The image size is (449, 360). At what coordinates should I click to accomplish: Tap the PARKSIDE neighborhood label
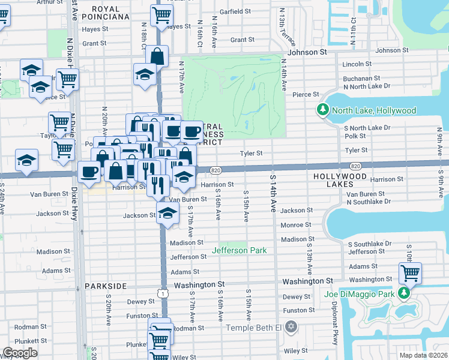[x=106, y=286]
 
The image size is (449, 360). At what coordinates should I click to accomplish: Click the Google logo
[x=20, y=353]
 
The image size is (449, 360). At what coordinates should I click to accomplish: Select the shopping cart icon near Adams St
[x=410, y=274]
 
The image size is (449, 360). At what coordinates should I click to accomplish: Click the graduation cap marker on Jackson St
[x=168, y=213]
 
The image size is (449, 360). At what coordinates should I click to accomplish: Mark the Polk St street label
[x=355, y=136]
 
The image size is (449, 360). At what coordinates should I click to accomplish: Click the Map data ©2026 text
[x=423, y=355]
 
